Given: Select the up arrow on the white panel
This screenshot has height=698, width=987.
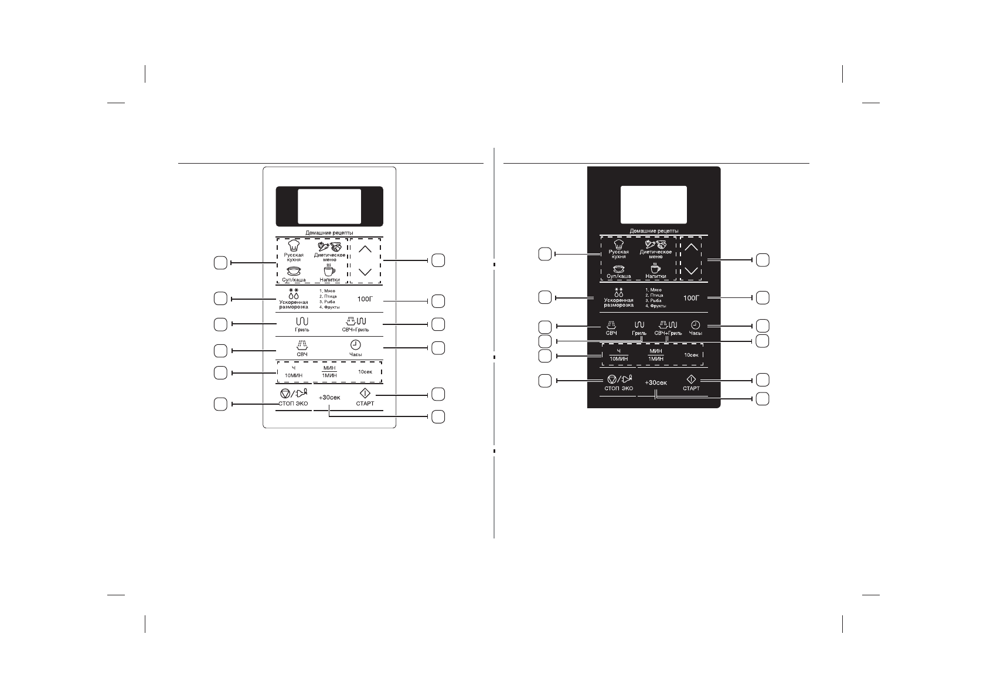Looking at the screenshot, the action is click(x=365, y=249).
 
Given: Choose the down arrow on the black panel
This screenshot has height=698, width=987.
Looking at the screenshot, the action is click(x=691, y=271).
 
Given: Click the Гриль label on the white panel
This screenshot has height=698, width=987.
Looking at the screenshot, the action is click(x=302, y=330).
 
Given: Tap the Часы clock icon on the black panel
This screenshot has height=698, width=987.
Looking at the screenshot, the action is click(x=695, y=325).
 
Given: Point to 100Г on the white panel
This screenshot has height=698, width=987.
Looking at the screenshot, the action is click(x=365, y=299).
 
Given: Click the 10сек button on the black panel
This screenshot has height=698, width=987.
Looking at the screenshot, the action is click(x=692, y=355).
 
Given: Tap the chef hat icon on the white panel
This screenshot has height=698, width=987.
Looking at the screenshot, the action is click(x=293, y=246).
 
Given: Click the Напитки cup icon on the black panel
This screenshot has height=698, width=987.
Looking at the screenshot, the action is click(x=655, y=269).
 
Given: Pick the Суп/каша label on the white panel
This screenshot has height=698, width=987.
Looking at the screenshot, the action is click(x=293, y=280).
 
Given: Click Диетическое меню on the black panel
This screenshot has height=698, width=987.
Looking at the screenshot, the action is click(x=655, y=254).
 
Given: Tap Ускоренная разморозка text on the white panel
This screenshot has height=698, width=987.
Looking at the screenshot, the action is click(x=294, y=304).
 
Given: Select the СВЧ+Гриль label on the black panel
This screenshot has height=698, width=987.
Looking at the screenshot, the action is click(x=668, y=333).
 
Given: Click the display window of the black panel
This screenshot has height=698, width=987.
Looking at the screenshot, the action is click(x=654, y=204).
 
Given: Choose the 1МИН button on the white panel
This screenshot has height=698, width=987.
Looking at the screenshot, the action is click(x=329, y=375).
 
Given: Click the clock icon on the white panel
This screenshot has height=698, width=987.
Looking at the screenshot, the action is click(x=355, y=345).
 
